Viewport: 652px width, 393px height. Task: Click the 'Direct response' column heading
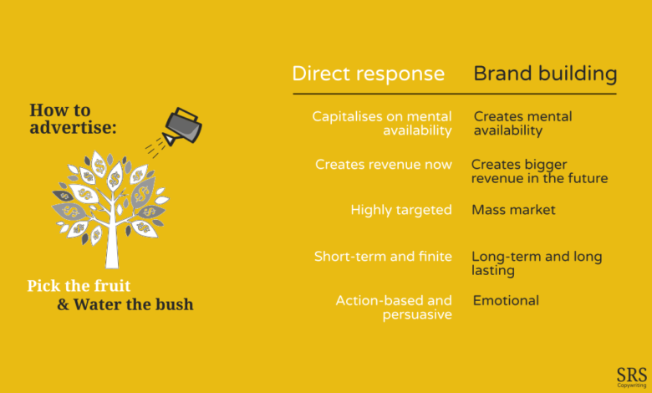[369, 74]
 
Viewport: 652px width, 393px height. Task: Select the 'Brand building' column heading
[545, 74]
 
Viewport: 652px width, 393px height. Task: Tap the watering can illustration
[182, 126]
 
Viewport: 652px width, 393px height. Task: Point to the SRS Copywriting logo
[632, 377]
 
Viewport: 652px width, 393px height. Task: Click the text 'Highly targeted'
[401, 210]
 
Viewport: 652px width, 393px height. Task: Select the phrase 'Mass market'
[513, 210]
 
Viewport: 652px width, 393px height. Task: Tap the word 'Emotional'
[506, 300]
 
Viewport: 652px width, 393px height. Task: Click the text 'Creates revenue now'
[384, 164]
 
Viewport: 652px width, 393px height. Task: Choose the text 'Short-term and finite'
[383, 256]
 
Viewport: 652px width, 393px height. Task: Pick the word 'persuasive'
[417, 314]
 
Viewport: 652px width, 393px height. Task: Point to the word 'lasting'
[493, 271]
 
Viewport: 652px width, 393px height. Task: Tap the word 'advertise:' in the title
[74, 127]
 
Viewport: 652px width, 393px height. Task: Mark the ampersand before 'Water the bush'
[64, 305]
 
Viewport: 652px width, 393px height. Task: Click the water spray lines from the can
[153, 147]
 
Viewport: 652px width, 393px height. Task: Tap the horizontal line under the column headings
[455, 94]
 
